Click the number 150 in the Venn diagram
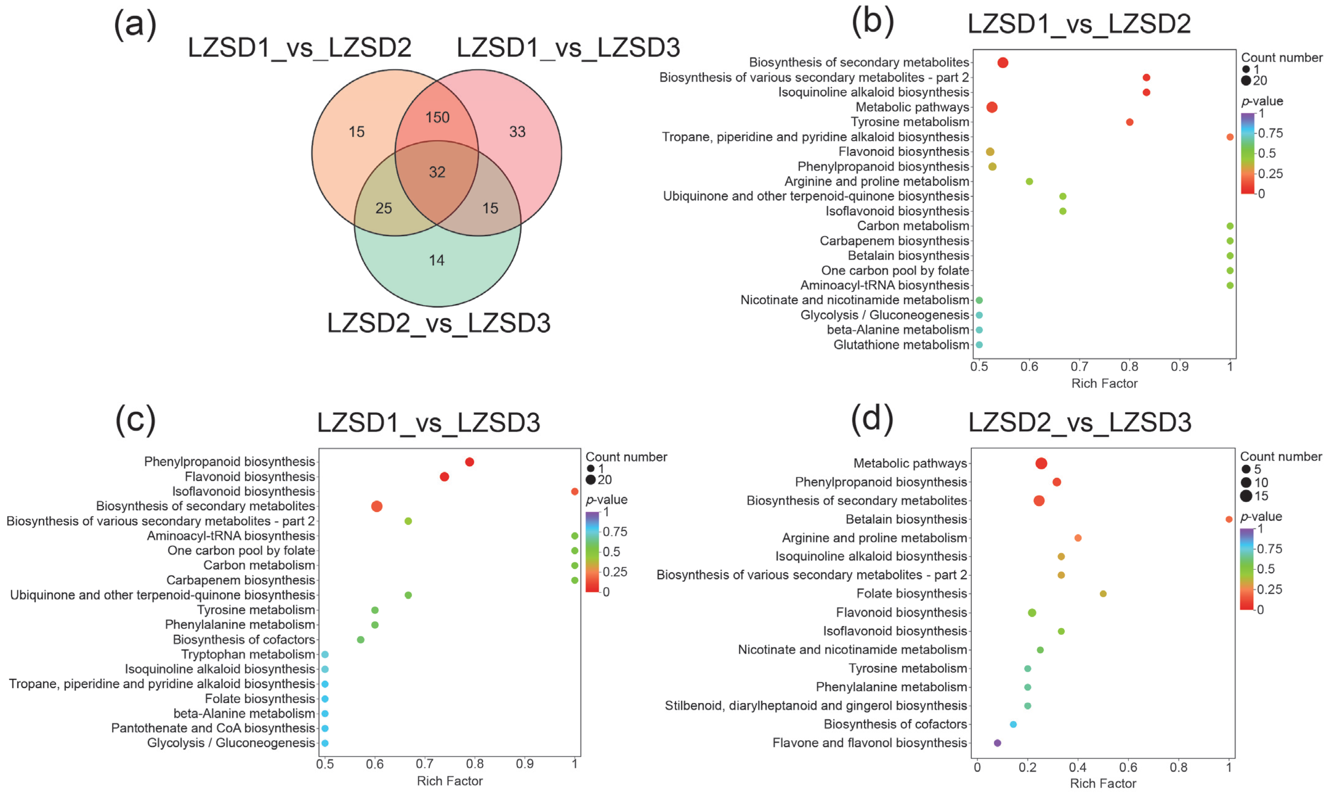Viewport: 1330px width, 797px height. point(437,117)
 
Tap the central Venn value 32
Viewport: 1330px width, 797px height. point(437,172)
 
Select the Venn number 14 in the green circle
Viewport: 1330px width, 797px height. point(437,260)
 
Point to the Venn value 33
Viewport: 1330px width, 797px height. point(517,132)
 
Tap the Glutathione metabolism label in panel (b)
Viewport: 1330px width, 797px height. point(901,345)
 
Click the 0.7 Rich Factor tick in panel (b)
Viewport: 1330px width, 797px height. point(1079,367)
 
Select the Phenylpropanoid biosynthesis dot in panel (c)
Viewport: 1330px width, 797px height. point(469,462)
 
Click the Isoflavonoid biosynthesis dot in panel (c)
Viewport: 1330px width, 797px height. point(575,491)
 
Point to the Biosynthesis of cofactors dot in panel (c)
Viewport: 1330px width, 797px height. point(361,640)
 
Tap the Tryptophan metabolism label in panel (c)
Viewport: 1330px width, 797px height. point(248,654)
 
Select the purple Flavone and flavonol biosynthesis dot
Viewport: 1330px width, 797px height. point(997,743)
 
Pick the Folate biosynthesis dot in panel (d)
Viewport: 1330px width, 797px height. point(1103,594)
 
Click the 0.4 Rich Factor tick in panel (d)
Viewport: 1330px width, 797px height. point(1077,767)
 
